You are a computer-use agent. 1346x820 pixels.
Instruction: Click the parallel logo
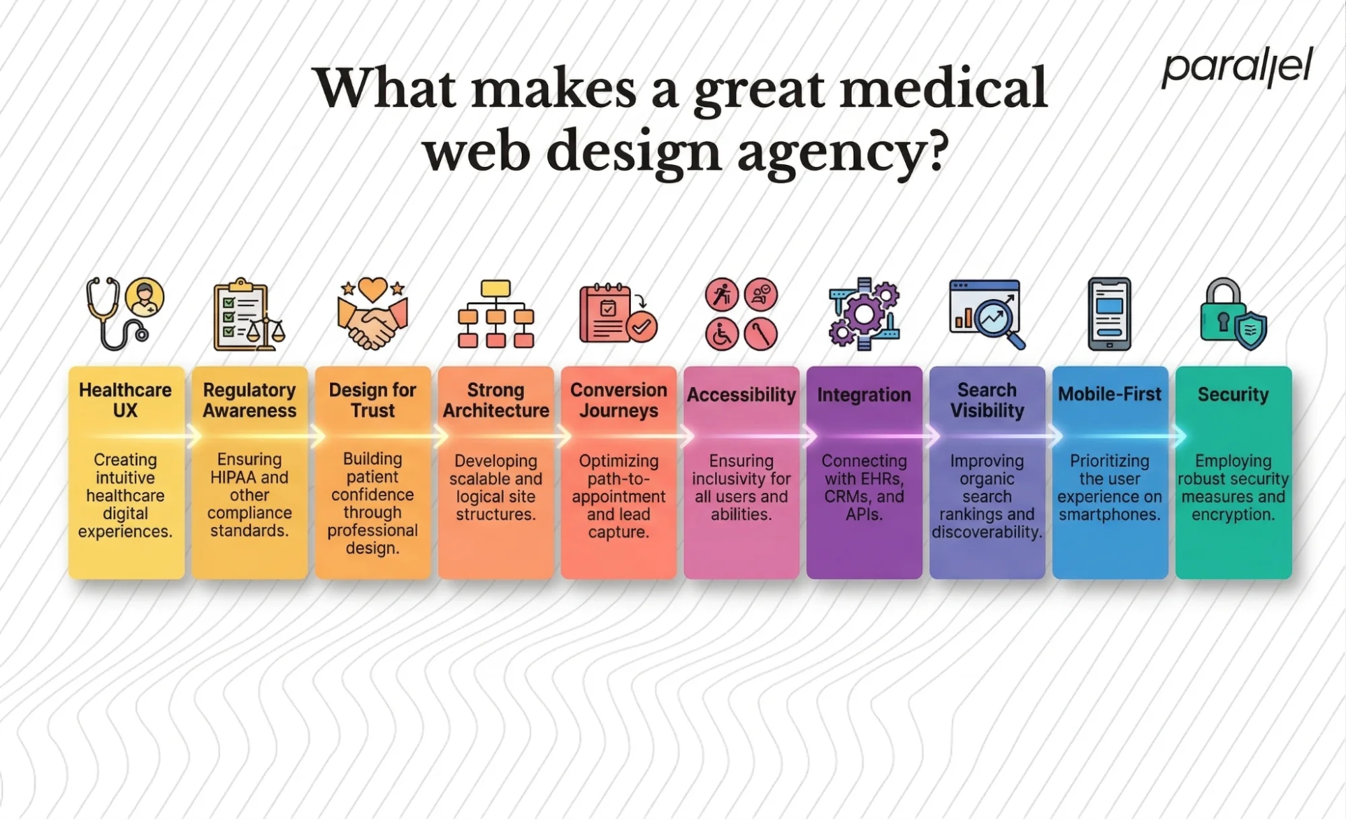pyautogui.click(x=1237, y=67)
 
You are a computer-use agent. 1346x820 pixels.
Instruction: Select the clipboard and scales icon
pyautogui.click(x=248, y=315)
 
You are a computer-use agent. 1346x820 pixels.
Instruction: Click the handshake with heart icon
pyautogui.click(x=372, y=314)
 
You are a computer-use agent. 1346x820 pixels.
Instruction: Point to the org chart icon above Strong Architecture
pyautogui.click(x=496, y=314)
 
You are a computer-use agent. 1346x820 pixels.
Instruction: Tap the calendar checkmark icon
pyautogui.click(x=617, y=314)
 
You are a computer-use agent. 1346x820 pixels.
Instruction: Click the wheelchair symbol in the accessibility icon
pyautogui.click(x=722, y=334)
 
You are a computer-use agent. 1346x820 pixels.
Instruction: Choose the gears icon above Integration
pyautogui.click(x=865, y=314)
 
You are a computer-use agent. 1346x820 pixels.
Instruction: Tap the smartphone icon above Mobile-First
pyautogui.click(x=1109, y=314)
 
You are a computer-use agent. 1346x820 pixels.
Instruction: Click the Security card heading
pyautogui.click(x=1233, y=395)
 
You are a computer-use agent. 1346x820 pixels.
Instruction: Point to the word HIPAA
pyautogui.click(x=234, y=477)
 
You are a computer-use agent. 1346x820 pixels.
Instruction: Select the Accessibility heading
pyautogui.click(x=741, y=395)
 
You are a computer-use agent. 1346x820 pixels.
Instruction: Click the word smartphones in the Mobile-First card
pyautogui.click(x=1109, y=515)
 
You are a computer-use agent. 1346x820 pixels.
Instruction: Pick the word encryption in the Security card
pyautogui.click(x=1233, y=515)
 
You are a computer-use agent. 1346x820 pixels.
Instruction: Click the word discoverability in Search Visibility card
pyautogui.click(x=986, y=533)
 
